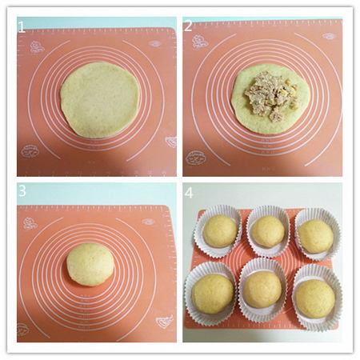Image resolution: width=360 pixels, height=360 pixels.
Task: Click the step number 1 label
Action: [22, 26]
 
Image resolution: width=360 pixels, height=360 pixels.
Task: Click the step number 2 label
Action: [188, 26]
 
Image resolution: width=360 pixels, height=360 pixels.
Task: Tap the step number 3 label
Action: [22, 191]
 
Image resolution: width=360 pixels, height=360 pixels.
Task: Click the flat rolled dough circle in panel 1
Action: [100, 98]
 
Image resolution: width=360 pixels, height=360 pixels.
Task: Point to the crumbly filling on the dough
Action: [270, 98]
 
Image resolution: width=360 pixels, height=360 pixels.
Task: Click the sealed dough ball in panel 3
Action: [90, 264]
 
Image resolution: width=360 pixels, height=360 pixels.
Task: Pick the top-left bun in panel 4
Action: [219, 231]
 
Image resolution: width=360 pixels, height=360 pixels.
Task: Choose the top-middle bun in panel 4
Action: [267, 231]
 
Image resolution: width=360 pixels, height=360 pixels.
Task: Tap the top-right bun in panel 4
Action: [316, 236]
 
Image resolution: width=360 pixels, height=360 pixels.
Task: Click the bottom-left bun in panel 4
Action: [214, 294]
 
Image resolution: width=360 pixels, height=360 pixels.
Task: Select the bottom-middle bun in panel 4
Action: [262, 290]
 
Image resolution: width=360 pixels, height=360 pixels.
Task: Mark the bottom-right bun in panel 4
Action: [314, 298]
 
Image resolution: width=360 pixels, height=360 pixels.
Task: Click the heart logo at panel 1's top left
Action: [37, 47]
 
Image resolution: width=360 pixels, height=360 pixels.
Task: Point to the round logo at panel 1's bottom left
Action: [30, 151]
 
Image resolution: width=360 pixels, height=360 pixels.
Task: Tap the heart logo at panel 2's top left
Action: [199, 42]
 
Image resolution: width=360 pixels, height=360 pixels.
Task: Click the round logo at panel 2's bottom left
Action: [194, 158]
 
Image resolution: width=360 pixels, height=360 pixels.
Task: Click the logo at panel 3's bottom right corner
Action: [164, 322]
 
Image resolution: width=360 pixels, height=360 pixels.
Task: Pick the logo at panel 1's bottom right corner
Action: [170, 142]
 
